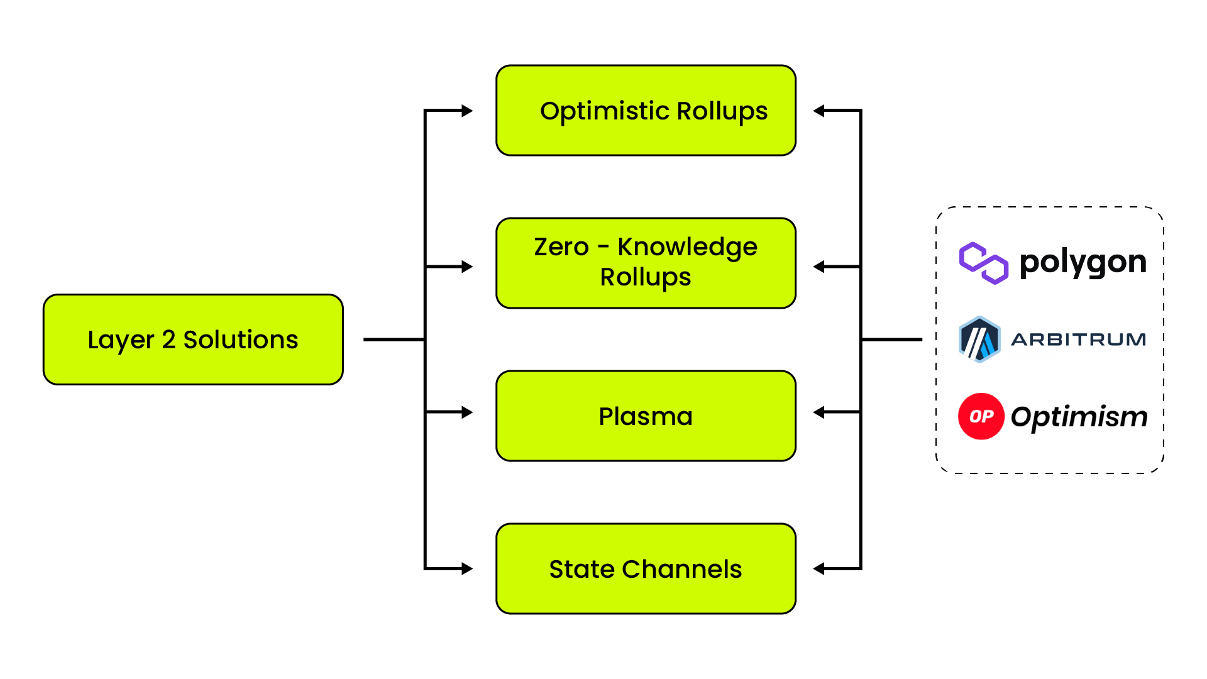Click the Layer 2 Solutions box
tap(193, 339)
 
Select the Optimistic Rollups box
tap(646, 111)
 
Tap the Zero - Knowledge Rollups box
tap(646, 263)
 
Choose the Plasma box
tap(646, 416)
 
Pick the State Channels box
tap(646, 569)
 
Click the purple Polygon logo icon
tap(984, 263)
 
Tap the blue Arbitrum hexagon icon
tap(979, 339)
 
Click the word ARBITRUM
tap(1079, 339)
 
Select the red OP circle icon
tap(981, 416)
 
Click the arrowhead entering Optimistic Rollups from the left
tap(467, 111)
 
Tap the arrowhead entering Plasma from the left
tap(467, 412)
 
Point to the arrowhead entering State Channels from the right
tap(818, 569)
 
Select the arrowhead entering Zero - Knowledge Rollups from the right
tap(818, 267)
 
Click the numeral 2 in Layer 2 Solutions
tap(168, 339)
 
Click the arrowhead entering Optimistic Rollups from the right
tap(818, 111)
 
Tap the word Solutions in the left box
tap(241, 339)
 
